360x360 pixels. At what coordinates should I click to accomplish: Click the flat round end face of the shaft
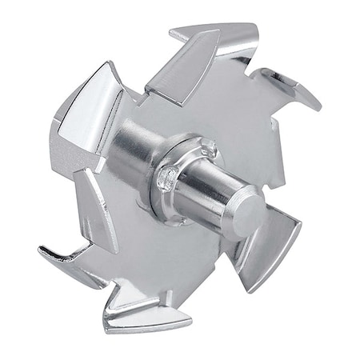250,213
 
